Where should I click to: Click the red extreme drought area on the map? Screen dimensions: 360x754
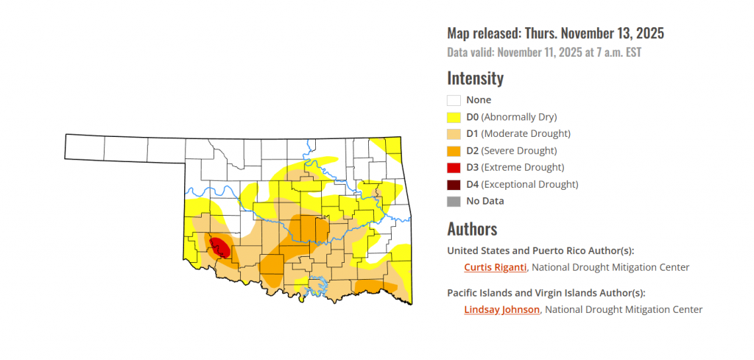219,247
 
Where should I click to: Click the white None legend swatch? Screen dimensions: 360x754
454,100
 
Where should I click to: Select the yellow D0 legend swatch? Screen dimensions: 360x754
454,117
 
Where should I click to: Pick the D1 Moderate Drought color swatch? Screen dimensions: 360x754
454,134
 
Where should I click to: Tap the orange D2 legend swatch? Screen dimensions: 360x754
454,151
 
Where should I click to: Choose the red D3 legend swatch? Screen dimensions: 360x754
454,168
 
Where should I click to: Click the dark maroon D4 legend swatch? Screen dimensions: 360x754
454,185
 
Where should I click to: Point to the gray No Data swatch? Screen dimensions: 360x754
454,201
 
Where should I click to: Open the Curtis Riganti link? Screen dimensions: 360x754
495,267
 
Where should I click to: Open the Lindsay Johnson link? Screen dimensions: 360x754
502,310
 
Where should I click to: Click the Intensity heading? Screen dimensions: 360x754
475,78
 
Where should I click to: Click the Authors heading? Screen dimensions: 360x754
472,228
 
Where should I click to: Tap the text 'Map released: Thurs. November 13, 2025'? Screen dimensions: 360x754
555,33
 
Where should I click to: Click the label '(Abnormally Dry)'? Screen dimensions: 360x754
519,117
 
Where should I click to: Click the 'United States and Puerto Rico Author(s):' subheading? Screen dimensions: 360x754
540,250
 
